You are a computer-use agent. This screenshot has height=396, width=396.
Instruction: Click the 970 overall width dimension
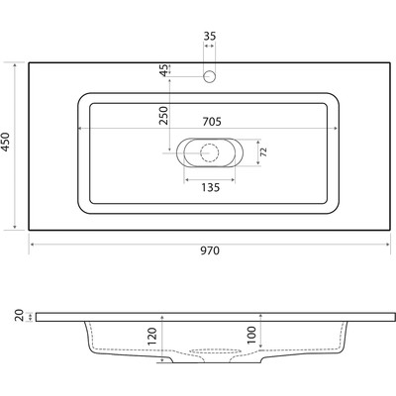210,250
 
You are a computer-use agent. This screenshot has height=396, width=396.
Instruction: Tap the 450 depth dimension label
6,142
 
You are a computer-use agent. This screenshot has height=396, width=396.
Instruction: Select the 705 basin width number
212,122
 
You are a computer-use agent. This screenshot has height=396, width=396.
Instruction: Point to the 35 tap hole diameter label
210,36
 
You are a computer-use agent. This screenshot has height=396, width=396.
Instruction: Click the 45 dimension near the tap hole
164,70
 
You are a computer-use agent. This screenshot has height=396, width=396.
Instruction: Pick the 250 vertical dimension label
164,115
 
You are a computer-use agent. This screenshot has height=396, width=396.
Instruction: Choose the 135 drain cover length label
210,187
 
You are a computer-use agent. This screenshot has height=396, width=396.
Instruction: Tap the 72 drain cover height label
263,152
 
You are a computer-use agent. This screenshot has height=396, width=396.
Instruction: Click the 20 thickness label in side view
19,315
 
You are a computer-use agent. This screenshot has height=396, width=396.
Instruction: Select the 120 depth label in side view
152,337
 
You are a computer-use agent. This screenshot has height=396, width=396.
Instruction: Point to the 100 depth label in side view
251,335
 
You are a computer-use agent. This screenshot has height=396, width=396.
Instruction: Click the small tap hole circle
209,76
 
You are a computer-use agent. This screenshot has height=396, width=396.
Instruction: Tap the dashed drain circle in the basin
210,152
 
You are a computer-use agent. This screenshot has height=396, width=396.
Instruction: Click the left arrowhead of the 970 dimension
32,245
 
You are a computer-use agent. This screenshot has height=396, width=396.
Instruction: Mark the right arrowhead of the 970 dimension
388,245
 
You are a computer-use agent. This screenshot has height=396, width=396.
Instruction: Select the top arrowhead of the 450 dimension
15,65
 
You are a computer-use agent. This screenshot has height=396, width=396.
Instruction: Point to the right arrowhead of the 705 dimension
336,129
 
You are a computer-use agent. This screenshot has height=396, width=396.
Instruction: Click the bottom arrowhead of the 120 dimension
162,360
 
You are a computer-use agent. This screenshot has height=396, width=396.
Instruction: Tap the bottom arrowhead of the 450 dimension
15,227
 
